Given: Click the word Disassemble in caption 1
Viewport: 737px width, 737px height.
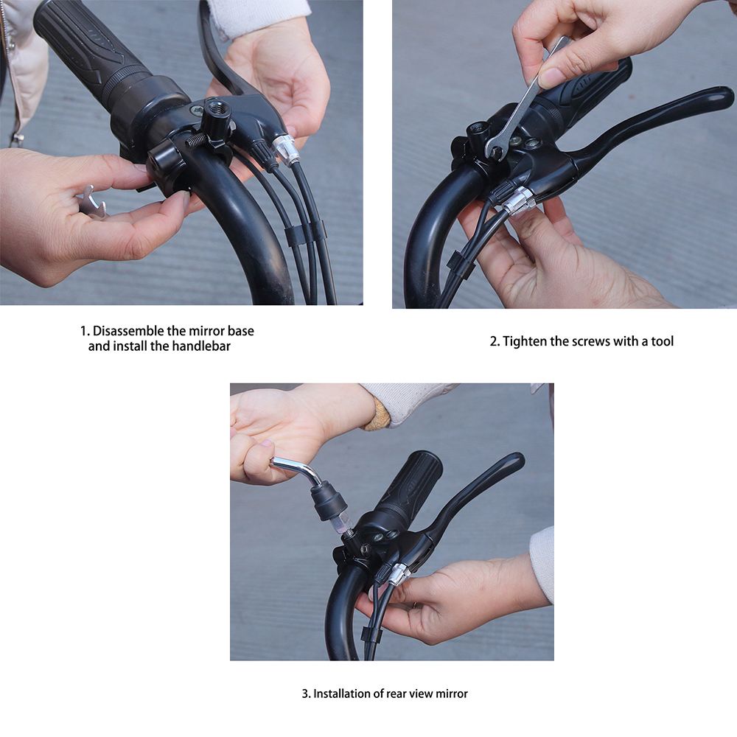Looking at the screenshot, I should point(129,331).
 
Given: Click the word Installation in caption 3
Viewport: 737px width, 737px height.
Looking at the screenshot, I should point(343,694).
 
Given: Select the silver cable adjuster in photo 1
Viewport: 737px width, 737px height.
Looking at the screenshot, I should point(286,149).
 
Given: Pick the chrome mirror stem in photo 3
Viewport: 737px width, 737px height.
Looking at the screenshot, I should point(295,469).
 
